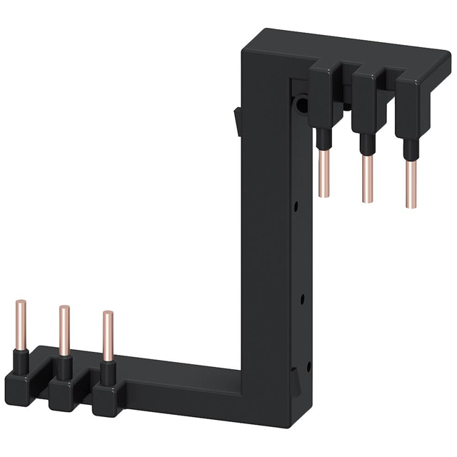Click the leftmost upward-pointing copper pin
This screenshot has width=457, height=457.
[x=19, y=322]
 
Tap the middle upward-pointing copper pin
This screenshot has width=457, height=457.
[x=64, y=329]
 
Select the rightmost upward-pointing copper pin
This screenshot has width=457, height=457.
[x=107, y=334]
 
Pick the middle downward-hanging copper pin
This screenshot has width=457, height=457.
[x=368, y=178]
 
